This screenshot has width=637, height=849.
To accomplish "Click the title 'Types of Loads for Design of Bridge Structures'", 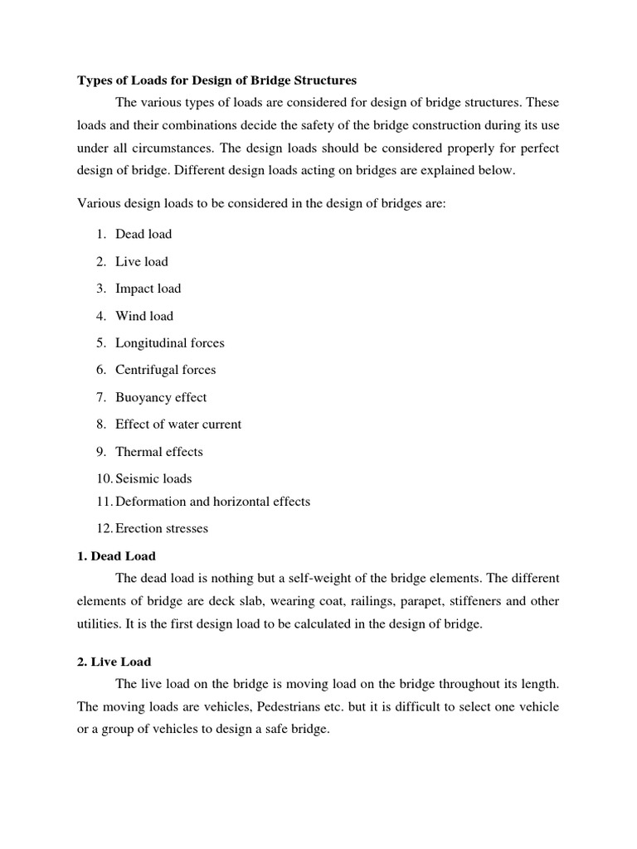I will pos(216,80).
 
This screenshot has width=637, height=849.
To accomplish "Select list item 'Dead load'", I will pos(143,234).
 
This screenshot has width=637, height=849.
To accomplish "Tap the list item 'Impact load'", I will pos(148,289).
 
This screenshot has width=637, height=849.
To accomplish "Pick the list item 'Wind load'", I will pos(144,316).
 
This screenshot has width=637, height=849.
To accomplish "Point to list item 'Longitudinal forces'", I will pos(170,342).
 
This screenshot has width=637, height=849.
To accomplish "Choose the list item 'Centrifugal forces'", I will pos(166,370).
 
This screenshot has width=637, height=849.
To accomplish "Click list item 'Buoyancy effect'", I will pos(161,397).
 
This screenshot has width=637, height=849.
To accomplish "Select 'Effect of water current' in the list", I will pos(178,424).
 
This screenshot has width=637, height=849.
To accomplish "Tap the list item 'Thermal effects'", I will pos(159,452).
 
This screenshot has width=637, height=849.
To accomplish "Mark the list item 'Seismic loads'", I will pos(153,478).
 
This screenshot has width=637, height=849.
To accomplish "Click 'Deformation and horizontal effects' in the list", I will pos(212,501).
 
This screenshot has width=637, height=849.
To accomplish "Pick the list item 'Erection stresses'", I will pos(162,528).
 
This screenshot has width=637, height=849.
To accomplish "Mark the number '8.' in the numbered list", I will pos(101,424).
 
